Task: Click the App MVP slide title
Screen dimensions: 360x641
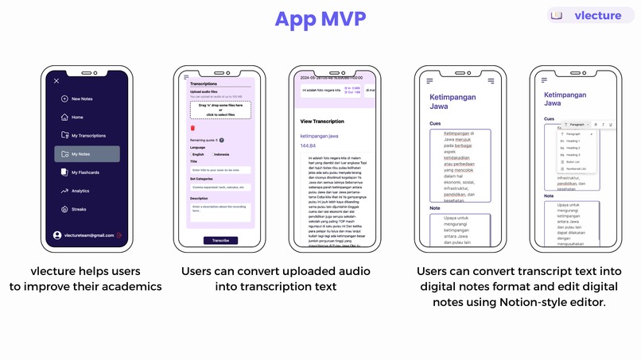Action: (320, 18)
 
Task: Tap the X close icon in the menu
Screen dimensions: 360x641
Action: (56, 81)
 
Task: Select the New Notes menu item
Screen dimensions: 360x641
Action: (82, 99)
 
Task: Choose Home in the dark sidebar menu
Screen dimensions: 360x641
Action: (77, 117)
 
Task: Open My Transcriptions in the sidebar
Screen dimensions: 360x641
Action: (87, 135)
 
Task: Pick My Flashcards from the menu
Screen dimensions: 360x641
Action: (84, 172)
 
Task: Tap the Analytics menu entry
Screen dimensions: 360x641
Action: (80, 191)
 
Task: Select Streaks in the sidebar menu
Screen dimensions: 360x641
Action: (78, 210)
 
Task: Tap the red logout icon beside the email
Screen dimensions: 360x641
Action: (118, 235)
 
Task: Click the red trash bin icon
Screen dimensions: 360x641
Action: (192, 128)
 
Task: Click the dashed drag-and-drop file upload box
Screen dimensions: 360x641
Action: (220, 110)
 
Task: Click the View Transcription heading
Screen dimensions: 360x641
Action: (322, 122)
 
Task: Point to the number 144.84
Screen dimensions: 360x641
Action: (308, 146)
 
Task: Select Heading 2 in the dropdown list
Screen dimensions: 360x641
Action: (573, 148)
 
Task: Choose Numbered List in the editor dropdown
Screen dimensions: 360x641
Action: (575, 168)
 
